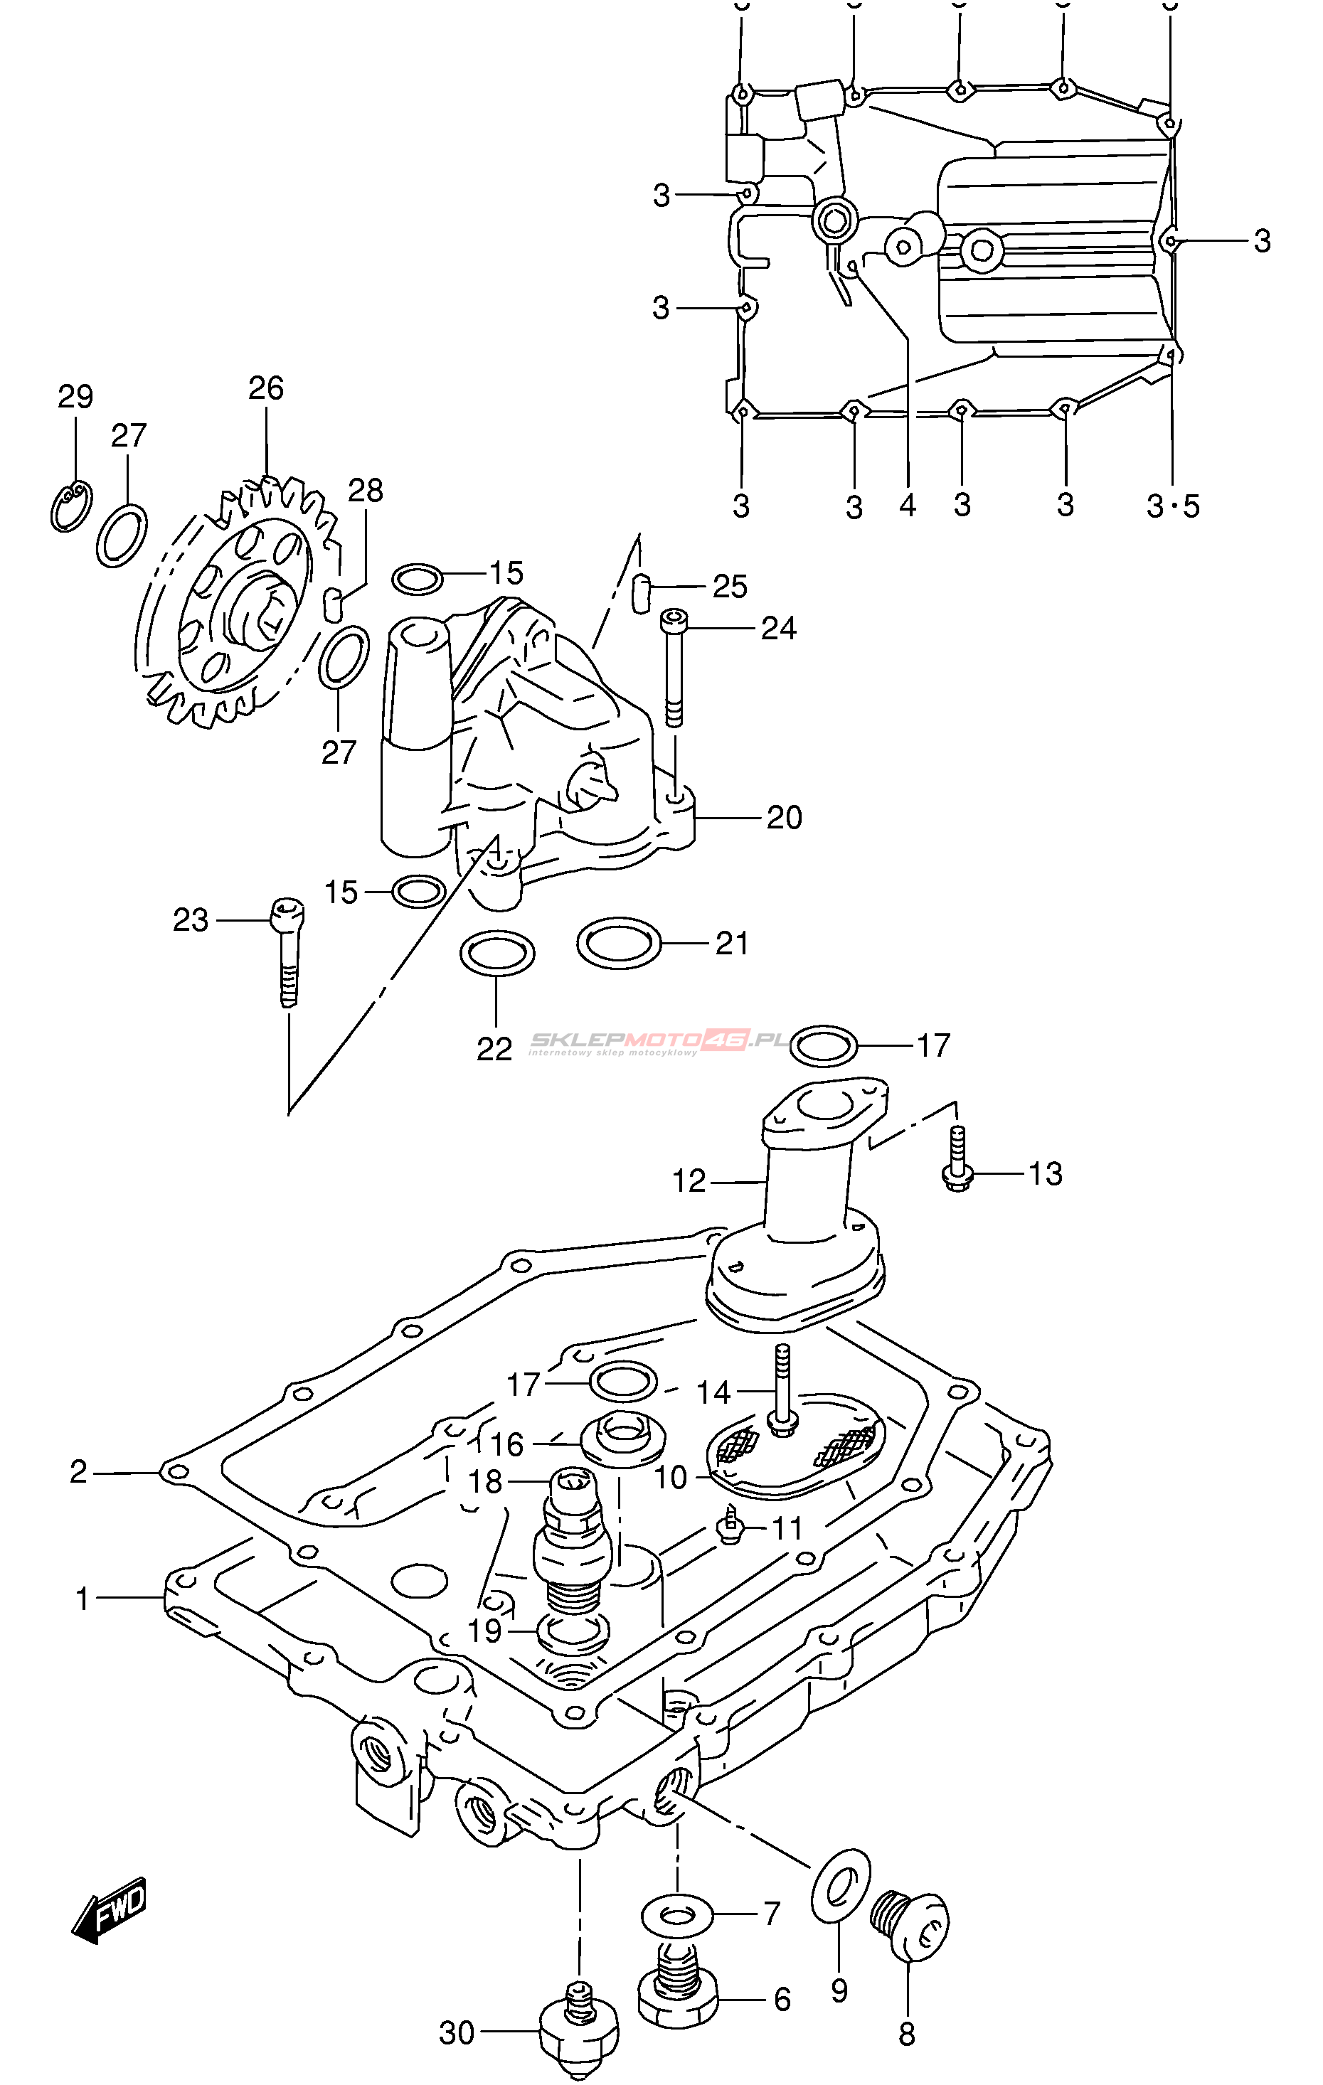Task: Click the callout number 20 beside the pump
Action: (785, 817)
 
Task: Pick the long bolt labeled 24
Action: (673, 667)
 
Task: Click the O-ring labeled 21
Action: (619, 942)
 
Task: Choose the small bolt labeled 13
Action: (957, 1165)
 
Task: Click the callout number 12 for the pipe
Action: (689, 1181)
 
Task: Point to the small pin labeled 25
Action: (641, 592)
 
